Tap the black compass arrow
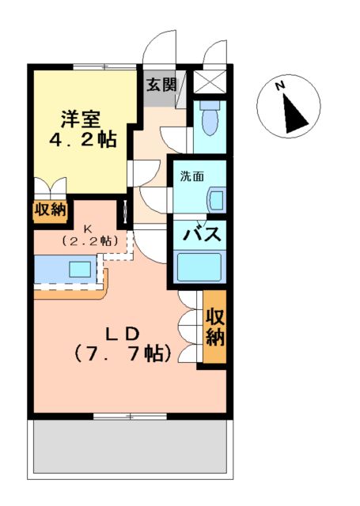tap(295, 115)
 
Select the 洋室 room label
tap(81, 119)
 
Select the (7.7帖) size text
tap(123, 353)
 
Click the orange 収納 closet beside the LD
tap(214, 327)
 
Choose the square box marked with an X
tap(210, 82)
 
